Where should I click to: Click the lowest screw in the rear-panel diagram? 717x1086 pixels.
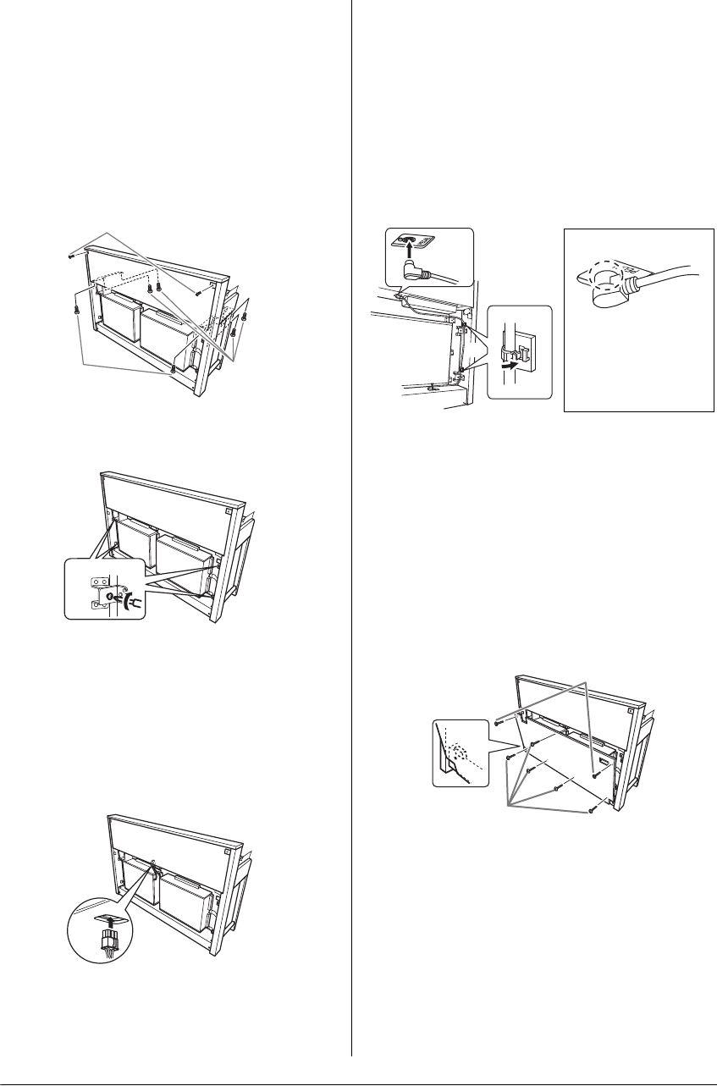591,808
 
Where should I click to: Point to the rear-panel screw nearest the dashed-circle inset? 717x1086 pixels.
508,758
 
